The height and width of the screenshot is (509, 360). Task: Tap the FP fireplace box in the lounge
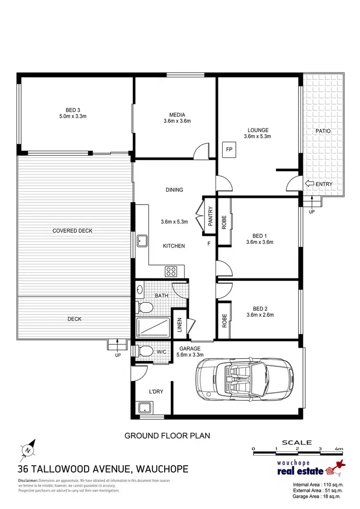tap(229, 149)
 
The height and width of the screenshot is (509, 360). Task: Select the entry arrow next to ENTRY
tap(310, 184)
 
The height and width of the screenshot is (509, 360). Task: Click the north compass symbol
tap(28, 450)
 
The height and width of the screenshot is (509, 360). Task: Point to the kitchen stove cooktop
tap(171, 271)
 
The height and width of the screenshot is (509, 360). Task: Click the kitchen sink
tap(142, 240)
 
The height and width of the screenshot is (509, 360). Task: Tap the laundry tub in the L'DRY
tap(143, 409)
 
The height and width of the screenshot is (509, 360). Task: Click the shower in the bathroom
tap(153, 327)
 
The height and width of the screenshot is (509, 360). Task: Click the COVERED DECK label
tap(72, 231)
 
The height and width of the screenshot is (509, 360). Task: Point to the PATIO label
tap(323, 131)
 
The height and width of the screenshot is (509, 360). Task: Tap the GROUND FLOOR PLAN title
tap(168, 436)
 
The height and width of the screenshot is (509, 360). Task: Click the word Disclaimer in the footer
tap(28, 481)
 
